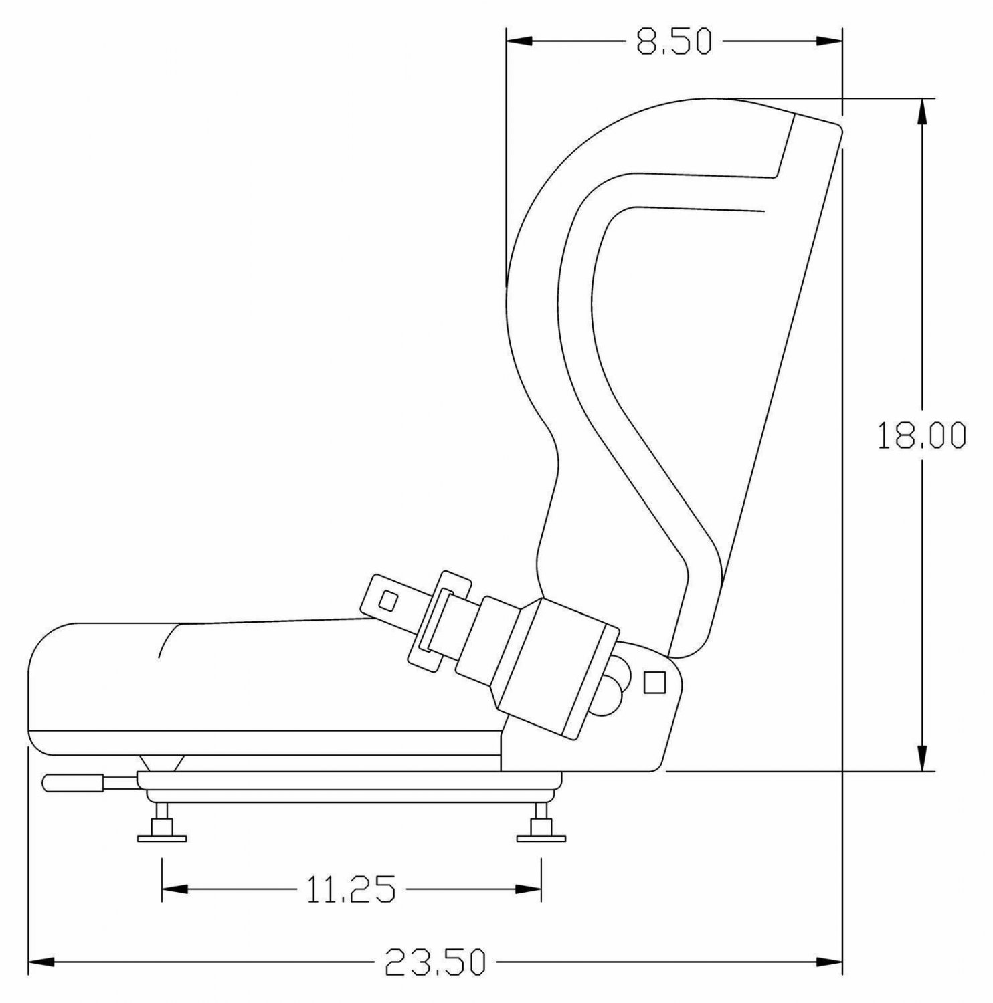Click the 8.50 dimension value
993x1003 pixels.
[x=672, y=42]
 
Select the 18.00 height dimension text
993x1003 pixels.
[x=921, y=435]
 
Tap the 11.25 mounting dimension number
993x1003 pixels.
[x=351, y=889]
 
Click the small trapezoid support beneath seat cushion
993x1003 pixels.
[x=161, y=763]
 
